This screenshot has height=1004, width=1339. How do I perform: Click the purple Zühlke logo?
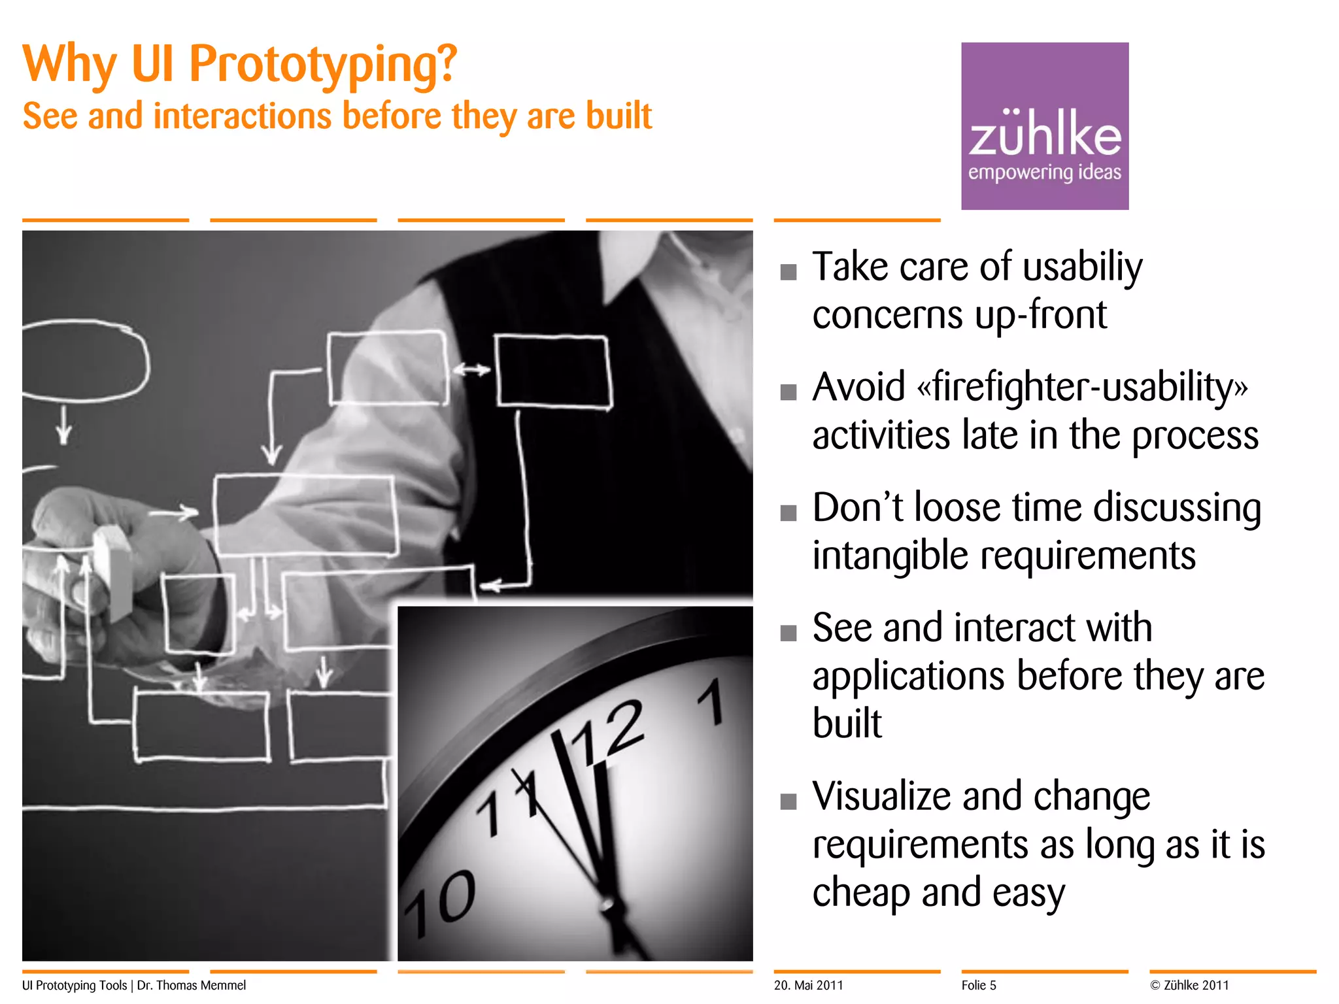[1044, 126]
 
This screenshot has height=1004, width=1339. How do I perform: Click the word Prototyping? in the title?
[323, 65]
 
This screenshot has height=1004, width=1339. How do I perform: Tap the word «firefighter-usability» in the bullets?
[1082, 387]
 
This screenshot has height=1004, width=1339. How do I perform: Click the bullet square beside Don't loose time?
[788, 512]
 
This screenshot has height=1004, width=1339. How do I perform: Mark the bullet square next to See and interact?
[788, 633]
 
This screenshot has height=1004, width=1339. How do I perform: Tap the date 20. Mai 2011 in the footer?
[808, 985]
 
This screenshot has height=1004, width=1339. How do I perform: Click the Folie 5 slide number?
[978, 985]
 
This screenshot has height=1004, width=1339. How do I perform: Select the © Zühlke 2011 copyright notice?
[1189, 985]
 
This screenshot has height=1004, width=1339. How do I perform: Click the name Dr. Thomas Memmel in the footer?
[191, 985]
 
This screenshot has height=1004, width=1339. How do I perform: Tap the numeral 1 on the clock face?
[711, 703]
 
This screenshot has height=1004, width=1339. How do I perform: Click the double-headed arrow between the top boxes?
[471, 370]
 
